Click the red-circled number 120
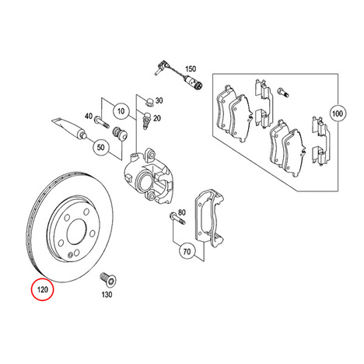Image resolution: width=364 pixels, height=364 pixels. [43, 289]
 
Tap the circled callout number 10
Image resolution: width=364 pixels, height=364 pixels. [121, 111]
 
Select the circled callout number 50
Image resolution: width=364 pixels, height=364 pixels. [100, 147]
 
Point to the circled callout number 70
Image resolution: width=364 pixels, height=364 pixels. [187, 251]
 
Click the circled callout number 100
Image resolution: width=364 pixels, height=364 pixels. [338, 114]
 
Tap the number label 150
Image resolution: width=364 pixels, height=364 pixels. [191, 69]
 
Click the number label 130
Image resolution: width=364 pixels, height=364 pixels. [107, 295]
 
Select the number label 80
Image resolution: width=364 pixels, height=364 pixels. [182, 212]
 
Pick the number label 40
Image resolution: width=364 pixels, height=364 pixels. [89, 116]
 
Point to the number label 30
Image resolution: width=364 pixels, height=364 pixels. [159, 100]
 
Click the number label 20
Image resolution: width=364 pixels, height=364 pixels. [157, 118]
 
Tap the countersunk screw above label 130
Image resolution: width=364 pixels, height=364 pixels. [108, 279]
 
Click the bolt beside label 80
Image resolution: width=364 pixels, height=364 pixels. [177, 218]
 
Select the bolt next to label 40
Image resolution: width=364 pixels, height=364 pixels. [101, 122]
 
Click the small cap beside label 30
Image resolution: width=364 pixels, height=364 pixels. [149, 101]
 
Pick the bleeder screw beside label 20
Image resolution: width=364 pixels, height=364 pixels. [146, 120]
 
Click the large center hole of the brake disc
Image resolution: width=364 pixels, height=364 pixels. [76, 231]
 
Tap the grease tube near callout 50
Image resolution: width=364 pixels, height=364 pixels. [69, 129]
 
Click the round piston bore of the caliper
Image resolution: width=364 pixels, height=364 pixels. [143, 180]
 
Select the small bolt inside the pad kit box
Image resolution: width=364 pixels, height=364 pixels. [283, 93]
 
